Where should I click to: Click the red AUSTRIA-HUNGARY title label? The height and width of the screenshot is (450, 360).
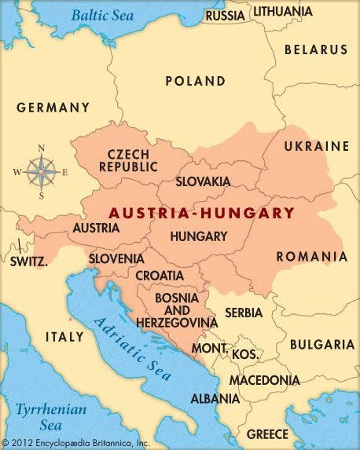click(201, 213)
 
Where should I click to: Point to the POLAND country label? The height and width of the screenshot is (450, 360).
click(195, 81)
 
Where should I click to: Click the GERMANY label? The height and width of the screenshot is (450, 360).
click(53, 108)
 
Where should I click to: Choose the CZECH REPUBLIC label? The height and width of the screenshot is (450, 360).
click(128, 160)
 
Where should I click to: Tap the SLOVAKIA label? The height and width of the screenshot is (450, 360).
click(203, 181)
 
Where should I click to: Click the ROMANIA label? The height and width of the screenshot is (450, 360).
click(311, 257)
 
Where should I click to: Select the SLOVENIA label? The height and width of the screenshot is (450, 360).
click(116, 258)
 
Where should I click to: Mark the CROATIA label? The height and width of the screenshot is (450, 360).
click(160, 276)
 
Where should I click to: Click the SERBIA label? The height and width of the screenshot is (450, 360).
click(244, 313)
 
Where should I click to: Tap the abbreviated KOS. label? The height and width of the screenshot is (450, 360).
click(244, 355)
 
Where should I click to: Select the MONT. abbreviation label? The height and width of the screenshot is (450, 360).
click(210, 348)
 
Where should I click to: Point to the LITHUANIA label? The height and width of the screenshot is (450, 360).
click(282, 11)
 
